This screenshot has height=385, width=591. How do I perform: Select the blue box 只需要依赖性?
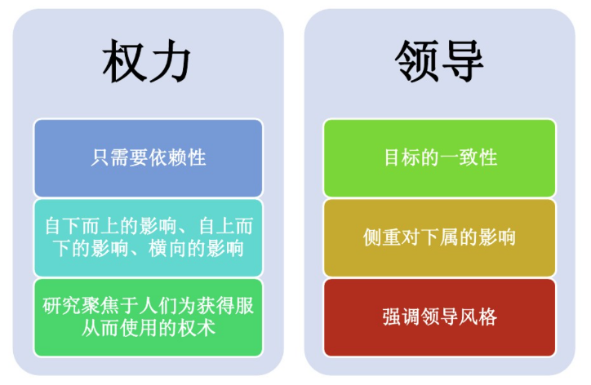click(149, 157)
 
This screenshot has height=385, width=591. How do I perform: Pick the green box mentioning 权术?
click(149, 317)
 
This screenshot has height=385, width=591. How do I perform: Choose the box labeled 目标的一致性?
click(439, 157)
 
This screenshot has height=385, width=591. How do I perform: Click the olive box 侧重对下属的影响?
click(439, 237)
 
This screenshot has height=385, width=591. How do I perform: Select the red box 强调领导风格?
click(439, 317)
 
